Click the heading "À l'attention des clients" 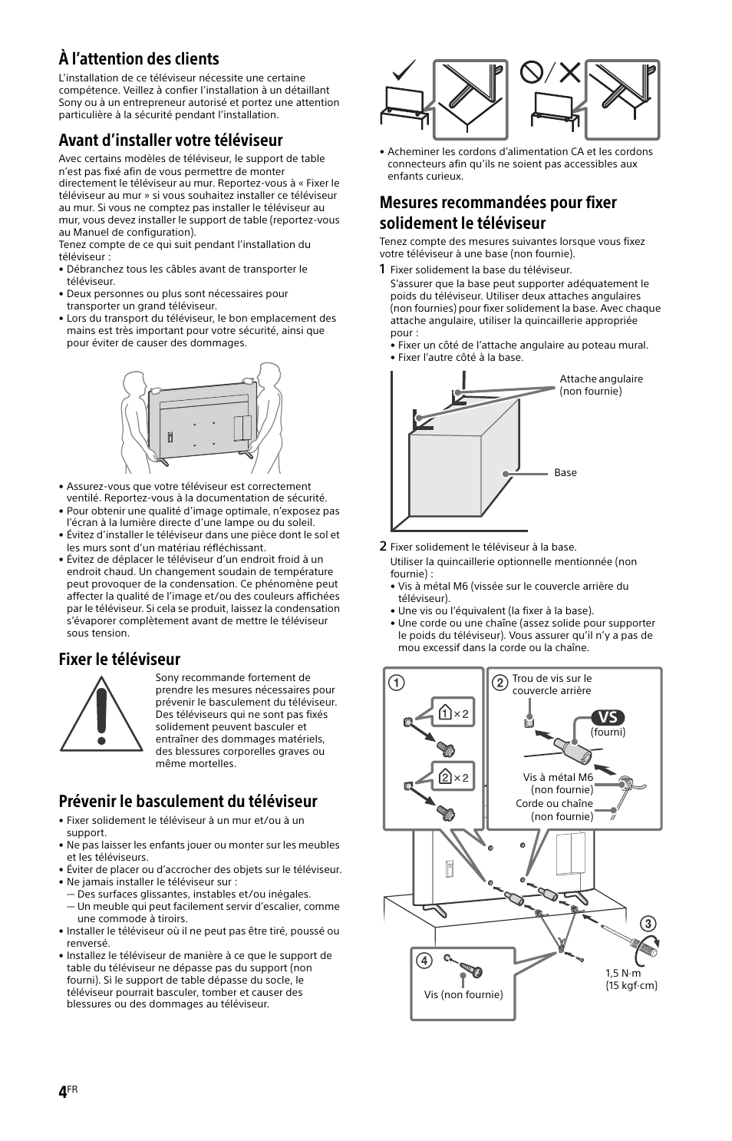[139, 59]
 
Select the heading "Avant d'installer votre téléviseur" [170, 140]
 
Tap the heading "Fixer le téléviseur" [119, 659]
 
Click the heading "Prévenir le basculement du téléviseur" [187, 801]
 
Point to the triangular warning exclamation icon [97, 715]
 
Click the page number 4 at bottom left [62, 1093]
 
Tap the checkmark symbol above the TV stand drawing [404, 73]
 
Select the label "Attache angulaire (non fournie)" [601, 385]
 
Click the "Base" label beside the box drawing [565, 472]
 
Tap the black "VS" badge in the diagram [608, 716]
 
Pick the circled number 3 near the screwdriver [648, 923]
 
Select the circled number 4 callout [423, 961]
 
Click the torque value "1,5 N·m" [623, 973]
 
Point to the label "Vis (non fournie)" [463, 994]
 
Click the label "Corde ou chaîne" [554, 804]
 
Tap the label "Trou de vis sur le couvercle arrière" [552, 684]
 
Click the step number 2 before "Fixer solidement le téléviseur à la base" [382, 547]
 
